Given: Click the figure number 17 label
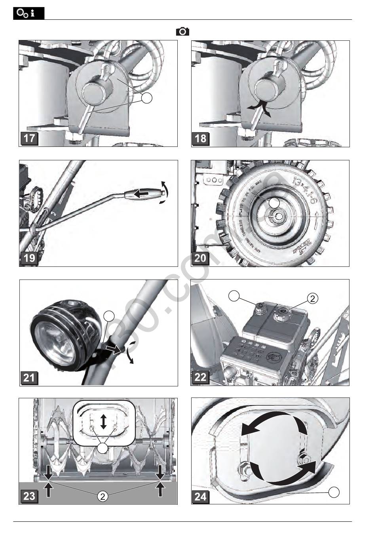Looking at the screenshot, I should [x=29, y=139].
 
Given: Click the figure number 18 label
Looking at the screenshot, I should [x=201, y=139].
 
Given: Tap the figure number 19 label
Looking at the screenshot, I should [x=29, y=258].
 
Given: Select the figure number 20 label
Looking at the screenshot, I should [x=201, y=258].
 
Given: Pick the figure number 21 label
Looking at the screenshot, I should [x=29, y=377].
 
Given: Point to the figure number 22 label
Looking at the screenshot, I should [x=201, y=377].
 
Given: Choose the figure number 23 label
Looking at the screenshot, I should [x=29, y=496].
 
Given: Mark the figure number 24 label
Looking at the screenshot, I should [x=201, y=496].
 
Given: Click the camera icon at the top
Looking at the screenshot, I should [x=182, y=32].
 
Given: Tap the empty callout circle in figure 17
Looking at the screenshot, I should [x=147, y=98].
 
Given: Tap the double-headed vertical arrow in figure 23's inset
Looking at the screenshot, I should [x=104, y=422].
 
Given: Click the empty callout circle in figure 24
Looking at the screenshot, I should [x=334, y=492].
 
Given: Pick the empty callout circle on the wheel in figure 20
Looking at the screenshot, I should [x=274, y=202].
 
